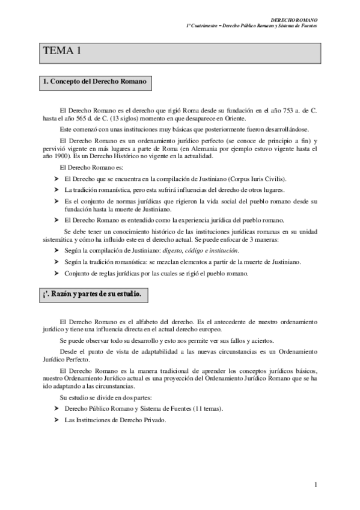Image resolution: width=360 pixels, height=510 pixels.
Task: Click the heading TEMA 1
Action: tap(62, 52)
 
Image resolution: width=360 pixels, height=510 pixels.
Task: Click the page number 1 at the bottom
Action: tap(316, 485)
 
